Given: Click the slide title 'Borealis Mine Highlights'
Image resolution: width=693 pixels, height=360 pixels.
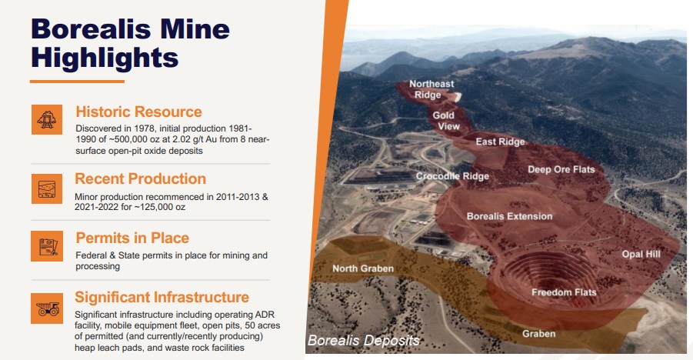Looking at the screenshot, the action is pos(131,43).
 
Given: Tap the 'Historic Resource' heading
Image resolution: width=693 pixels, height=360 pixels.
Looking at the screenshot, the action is pos(138,112).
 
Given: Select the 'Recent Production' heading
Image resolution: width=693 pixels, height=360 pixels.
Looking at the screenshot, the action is pos(141,178).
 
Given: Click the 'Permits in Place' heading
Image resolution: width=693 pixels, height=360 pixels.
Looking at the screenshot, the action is pos(132,238).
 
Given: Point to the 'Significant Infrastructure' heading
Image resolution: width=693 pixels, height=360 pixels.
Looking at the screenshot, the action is pos(162,297).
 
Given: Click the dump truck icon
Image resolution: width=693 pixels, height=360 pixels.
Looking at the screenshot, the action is pos(47,308).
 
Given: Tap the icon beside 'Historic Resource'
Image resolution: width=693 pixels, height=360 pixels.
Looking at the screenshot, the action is pos(47,119).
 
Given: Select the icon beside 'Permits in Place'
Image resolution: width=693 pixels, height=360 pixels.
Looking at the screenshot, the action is pos(47,246).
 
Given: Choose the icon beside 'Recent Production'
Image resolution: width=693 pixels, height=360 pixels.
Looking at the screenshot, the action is pos(47,188).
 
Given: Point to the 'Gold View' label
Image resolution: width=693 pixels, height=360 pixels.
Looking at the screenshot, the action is pos(446,121).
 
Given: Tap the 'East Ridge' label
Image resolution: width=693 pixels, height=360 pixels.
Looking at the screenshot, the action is pos(500,142).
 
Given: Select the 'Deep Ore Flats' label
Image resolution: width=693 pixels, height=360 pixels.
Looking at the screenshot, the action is pos(561,169).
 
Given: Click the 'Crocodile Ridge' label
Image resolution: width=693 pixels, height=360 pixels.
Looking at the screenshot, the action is pos(452,176).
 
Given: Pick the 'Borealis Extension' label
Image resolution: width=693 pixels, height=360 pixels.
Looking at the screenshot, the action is pos(510,216).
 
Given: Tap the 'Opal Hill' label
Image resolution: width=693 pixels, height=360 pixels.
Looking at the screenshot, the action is pos(641,255).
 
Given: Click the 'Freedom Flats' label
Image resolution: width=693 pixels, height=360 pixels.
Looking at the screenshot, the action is pos(564,292).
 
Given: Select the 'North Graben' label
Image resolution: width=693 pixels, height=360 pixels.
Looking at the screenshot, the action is pos(363,268).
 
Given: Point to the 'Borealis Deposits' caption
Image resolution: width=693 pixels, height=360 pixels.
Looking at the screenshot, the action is pos(363,340).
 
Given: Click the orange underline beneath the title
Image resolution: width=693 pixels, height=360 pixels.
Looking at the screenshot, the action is pos(78,82).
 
